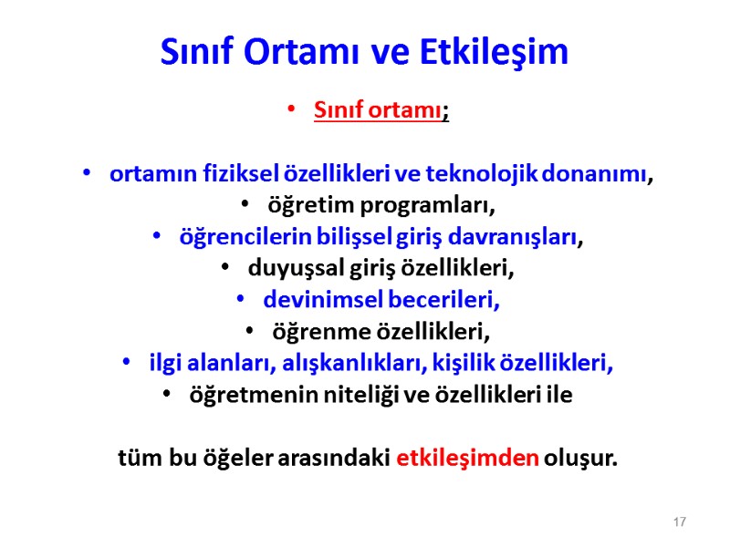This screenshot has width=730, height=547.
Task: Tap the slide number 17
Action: tap(679, 521)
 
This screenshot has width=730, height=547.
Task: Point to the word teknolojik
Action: tap(492, 174)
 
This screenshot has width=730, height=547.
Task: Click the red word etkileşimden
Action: tap(468, 456)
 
